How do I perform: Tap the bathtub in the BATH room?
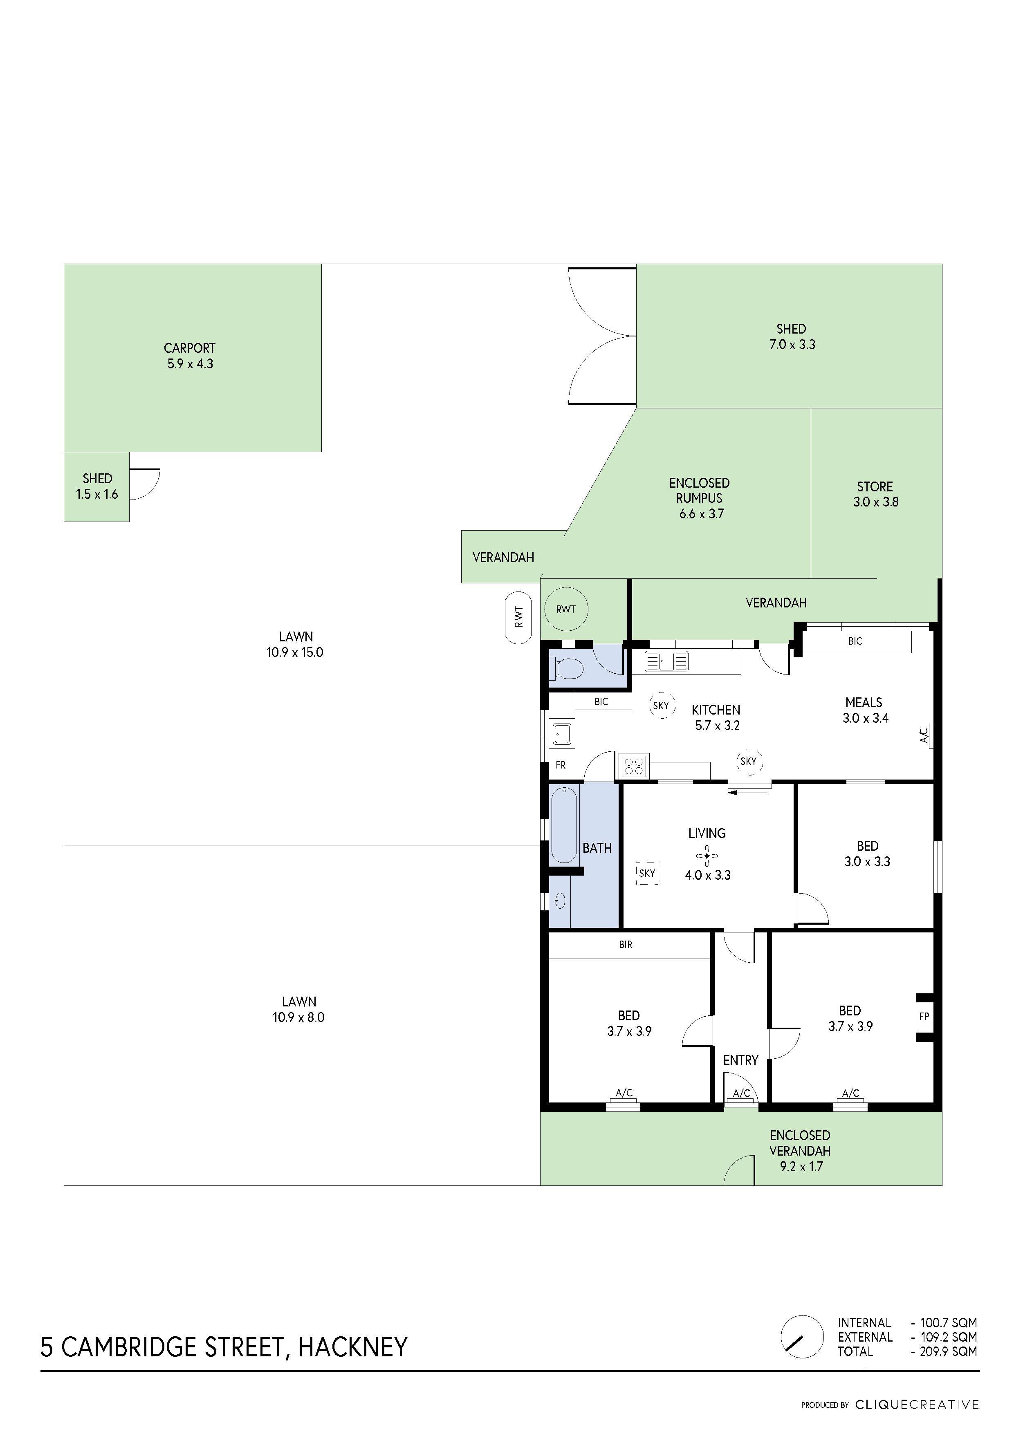click(564, 825)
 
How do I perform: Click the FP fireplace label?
click(924, 1016)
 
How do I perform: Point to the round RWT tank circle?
click(566, 609)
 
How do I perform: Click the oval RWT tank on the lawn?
click(518, 617)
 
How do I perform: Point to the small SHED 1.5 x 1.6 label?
click(97, 486)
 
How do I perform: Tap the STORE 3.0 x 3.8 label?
click(875, 494)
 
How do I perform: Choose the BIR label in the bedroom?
click(626, 945)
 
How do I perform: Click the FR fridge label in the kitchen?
click(561, 765)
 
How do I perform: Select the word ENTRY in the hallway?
click(740, 1060)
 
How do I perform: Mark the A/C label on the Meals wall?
click(924, 735)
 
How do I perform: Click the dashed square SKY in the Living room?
click(647, 873)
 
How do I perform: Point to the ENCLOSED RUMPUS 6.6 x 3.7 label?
click(700, 498)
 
